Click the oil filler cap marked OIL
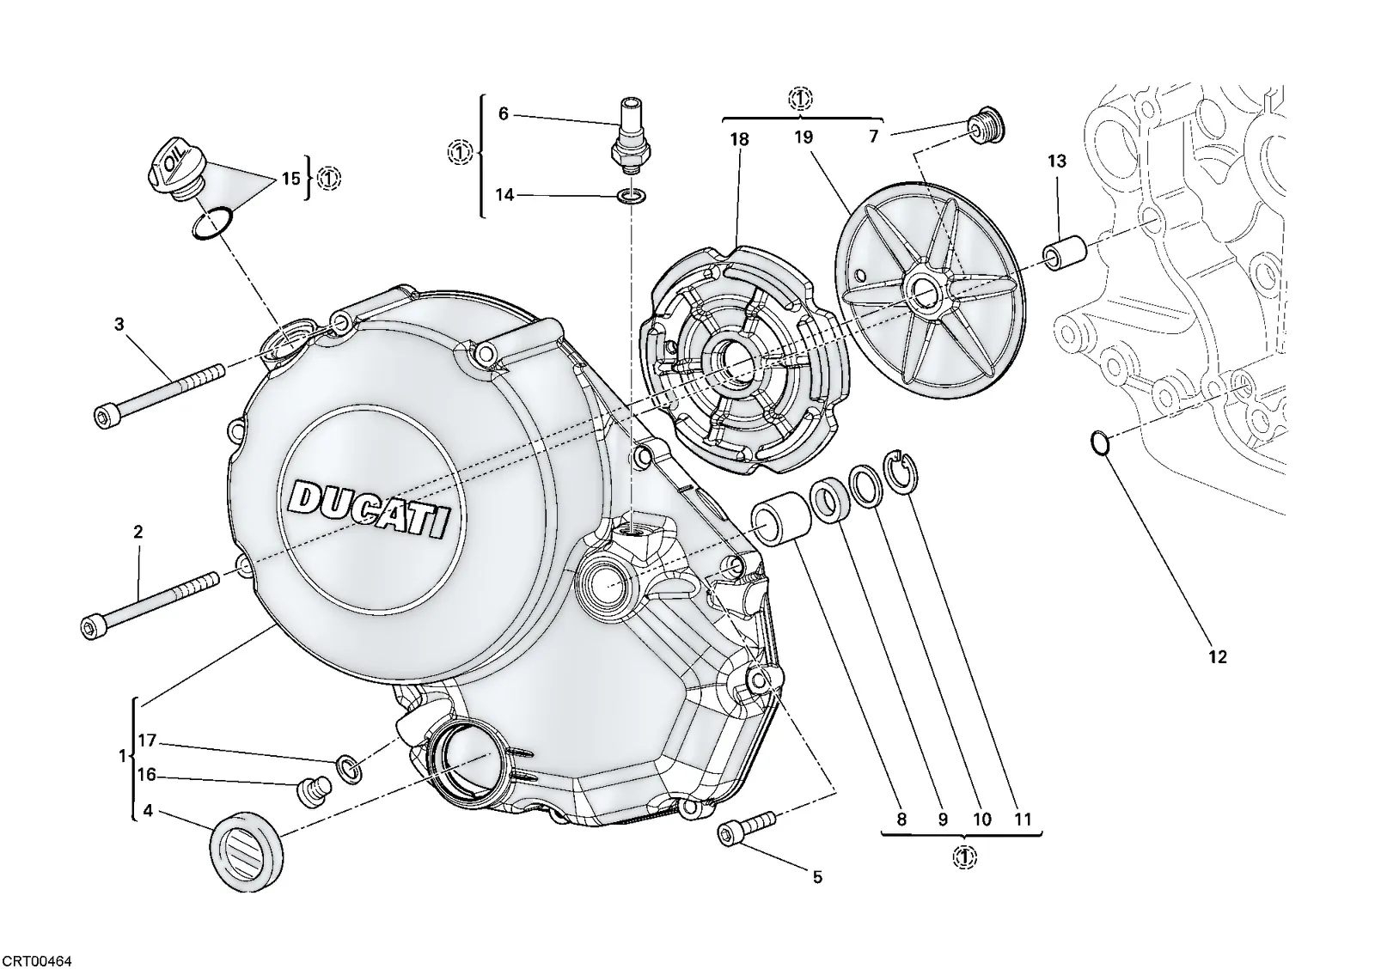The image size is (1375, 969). [x=174, y=170]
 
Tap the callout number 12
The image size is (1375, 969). [x=1217, y=656]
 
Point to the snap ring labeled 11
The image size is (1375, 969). [x=900, y=471]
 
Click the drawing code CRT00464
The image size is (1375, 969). [x=36, y=960]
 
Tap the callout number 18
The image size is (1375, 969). [x=740, y=139]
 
